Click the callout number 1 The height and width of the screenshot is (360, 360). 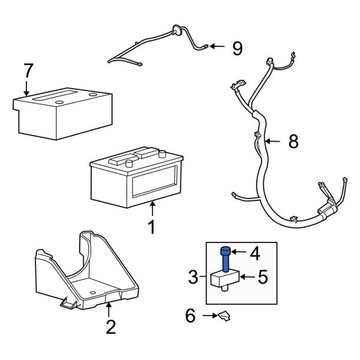coord(152,227)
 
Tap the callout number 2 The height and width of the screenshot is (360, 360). coord(110,327)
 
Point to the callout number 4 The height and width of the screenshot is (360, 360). coord(255,254)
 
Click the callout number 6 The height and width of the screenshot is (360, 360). coord(191,316)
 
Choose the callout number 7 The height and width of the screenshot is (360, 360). coord(28,71)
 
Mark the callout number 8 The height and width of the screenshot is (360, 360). coord(293,142)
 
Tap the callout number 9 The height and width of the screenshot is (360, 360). coord(237,48)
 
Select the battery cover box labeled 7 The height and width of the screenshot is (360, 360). coord(63,114)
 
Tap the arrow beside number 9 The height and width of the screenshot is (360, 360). coord(217,46)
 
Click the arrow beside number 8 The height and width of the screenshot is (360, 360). coord(273,142)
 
